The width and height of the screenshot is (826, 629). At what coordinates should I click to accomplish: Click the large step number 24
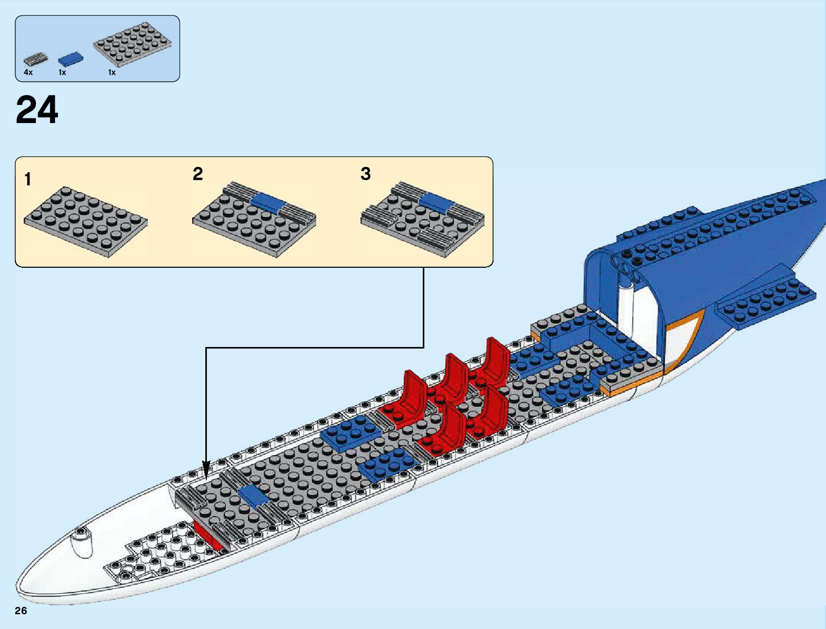(37, 111)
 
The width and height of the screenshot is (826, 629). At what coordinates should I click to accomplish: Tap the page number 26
(21, 611)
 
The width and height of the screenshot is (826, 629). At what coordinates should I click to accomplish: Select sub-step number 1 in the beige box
(28, 180)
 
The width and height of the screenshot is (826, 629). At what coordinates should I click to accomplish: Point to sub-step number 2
(198, 174)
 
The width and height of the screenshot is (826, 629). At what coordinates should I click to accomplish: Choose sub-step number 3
(366, 174)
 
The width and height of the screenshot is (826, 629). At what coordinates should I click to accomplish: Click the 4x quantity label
(28, 72)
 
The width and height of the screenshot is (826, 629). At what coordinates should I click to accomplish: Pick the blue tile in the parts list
(71, 59)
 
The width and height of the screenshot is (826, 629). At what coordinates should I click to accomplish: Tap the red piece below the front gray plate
(208, 533)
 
